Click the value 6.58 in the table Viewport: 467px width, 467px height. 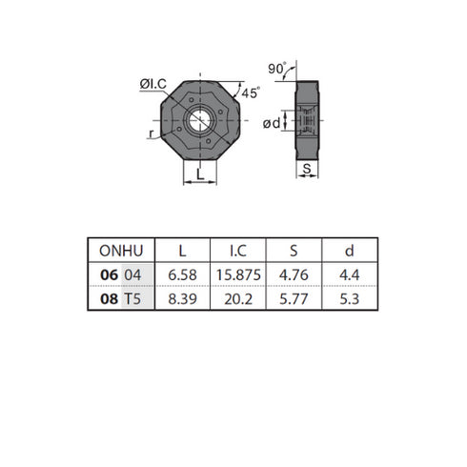(182, 274)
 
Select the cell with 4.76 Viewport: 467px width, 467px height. (295, 274)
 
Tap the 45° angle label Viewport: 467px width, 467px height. (251, 93)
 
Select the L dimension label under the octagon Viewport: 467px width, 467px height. (198, 173)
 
